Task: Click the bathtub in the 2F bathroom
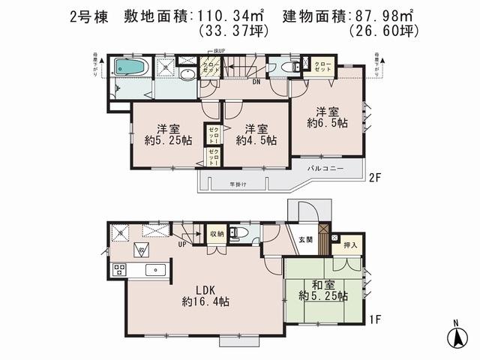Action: tap(130, 67)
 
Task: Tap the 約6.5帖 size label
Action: tap(327, 122)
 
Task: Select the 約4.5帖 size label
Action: tap(256, 140)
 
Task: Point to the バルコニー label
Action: tap(325, 169)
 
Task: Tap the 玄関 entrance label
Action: tap(307, 239)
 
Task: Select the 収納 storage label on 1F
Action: tap(216, 233)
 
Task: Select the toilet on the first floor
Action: tap(238, 233)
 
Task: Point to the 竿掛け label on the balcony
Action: tap(238, 184)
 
